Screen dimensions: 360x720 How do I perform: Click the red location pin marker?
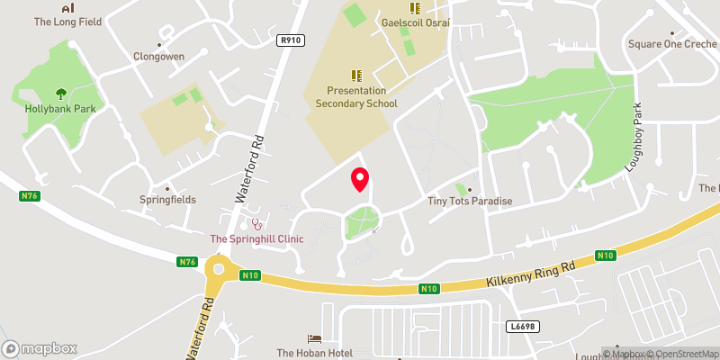[x=360, y=178]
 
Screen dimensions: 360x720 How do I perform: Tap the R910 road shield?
[x=291, y=40]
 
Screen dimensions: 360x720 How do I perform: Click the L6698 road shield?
[x=521, y=326]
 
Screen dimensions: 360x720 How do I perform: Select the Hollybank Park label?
[x=60, y=108]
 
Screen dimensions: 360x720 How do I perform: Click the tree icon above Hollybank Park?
[x=60, y=93]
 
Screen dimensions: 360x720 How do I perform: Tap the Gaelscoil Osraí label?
[x=414, y=21]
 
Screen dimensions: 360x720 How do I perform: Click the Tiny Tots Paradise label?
[x=469, y=201]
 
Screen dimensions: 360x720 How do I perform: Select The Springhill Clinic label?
[x=256, y=238]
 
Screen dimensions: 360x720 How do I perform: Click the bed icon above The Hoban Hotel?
[x=314, y=338]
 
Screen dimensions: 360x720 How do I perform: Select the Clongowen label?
[x=160, y=56]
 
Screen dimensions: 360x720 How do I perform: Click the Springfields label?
[x=167, y=199]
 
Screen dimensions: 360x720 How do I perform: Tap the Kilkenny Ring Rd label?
[x=531, y=274]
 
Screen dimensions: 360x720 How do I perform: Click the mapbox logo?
[x=40, y=348]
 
